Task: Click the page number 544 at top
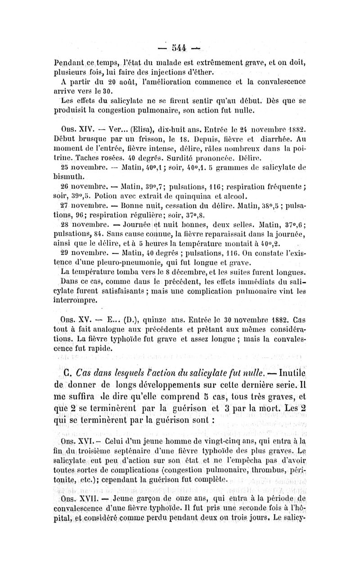(181, 47)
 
